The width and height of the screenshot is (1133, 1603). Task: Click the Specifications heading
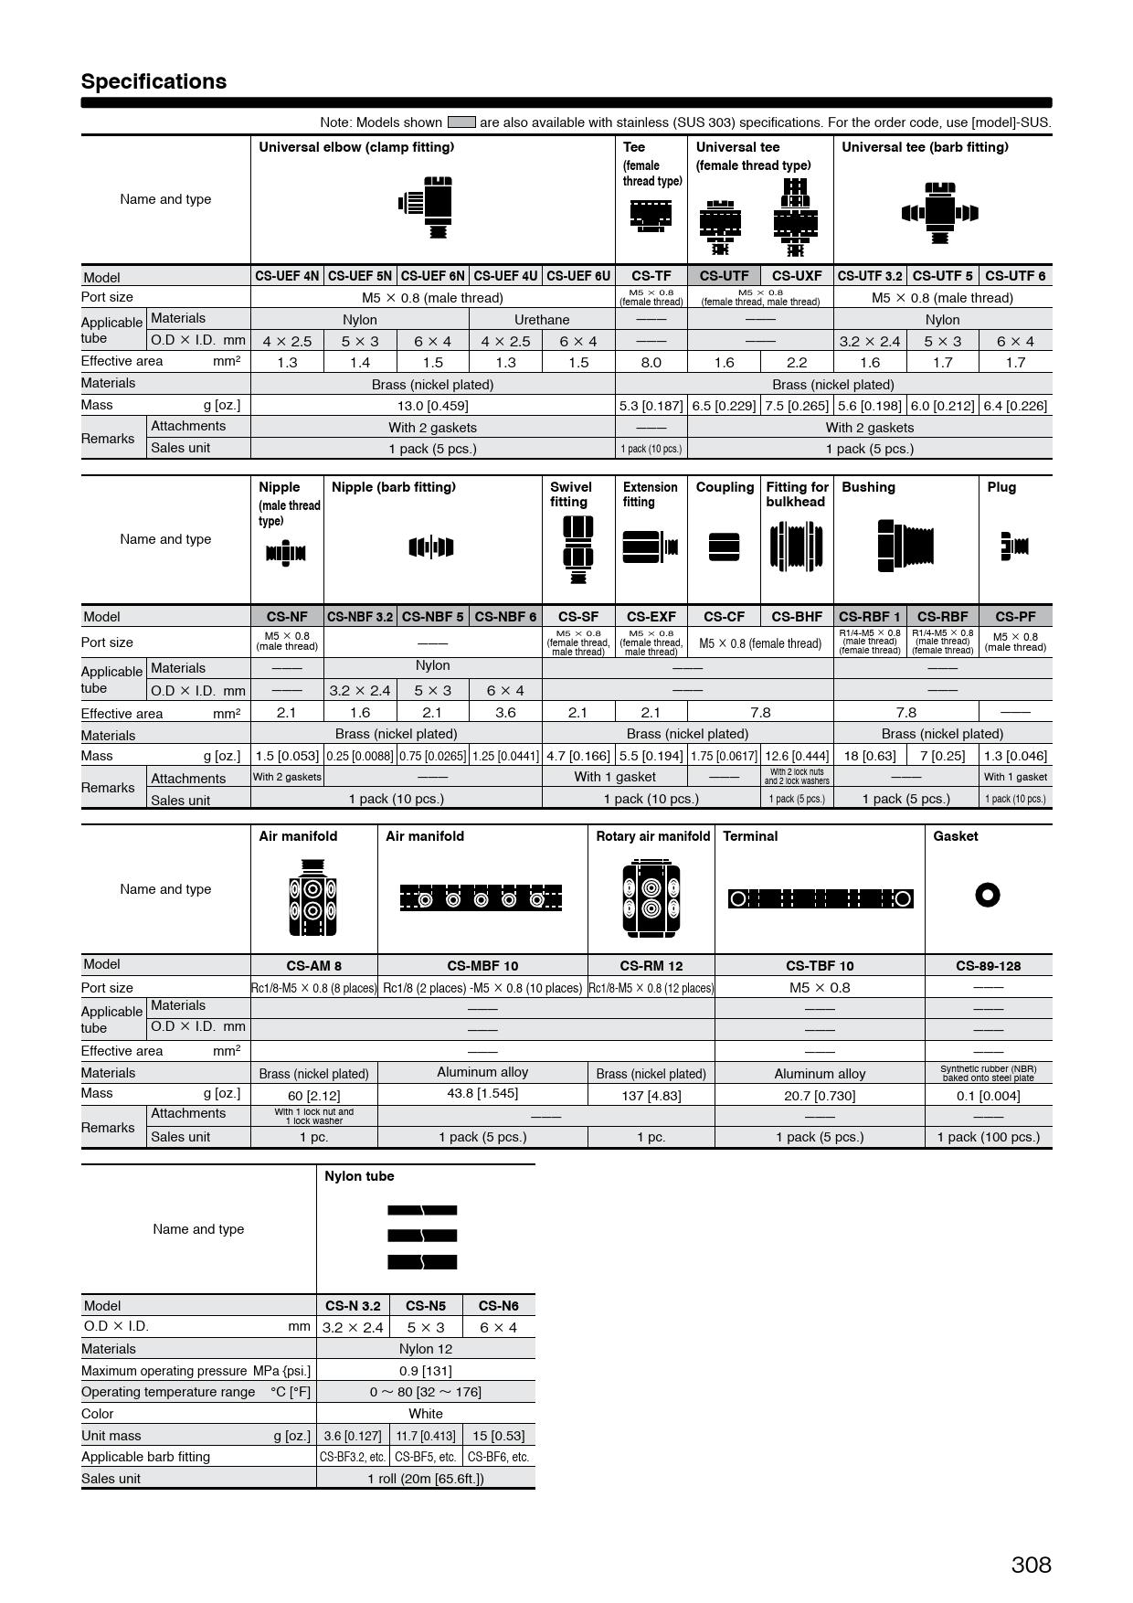[x=154, y=81]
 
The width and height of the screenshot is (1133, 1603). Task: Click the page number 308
[x=1031, y=1564]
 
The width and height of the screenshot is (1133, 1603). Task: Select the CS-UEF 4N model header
[x=287, y=276]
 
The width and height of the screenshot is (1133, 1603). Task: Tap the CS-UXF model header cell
[x=796, y=276]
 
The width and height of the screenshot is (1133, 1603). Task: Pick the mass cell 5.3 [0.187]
[x=651, y=406]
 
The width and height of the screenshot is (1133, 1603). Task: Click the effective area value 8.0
[x=651, y=363]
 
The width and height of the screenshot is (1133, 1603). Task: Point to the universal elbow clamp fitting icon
[x=427, y=207]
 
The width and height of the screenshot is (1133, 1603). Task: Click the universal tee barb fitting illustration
[x=939, y=213]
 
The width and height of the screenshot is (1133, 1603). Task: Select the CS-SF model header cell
[x=577, y=617]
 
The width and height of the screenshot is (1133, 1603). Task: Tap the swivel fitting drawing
[x=577, y=549]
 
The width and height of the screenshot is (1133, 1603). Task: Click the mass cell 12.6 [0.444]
[x=796, y=756]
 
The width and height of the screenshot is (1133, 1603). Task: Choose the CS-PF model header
[x=1015, y=617]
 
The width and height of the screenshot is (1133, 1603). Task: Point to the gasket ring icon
[x=988, y=895]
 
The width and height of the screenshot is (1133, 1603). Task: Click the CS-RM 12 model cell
[x=651, y=966]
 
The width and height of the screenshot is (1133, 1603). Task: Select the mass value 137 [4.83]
[x=651, y=1095]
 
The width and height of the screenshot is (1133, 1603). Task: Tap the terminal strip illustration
[x=820, y=898]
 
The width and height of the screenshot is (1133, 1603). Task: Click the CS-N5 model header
[x=426, y=1306]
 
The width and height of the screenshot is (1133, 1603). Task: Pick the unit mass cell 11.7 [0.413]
[x=426, y=1436]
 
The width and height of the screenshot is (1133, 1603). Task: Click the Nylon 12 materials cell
[x=426, y=1349]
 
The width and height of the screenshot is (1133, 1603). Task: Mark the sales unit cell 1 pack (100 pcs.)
[x=988, y=1137]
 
